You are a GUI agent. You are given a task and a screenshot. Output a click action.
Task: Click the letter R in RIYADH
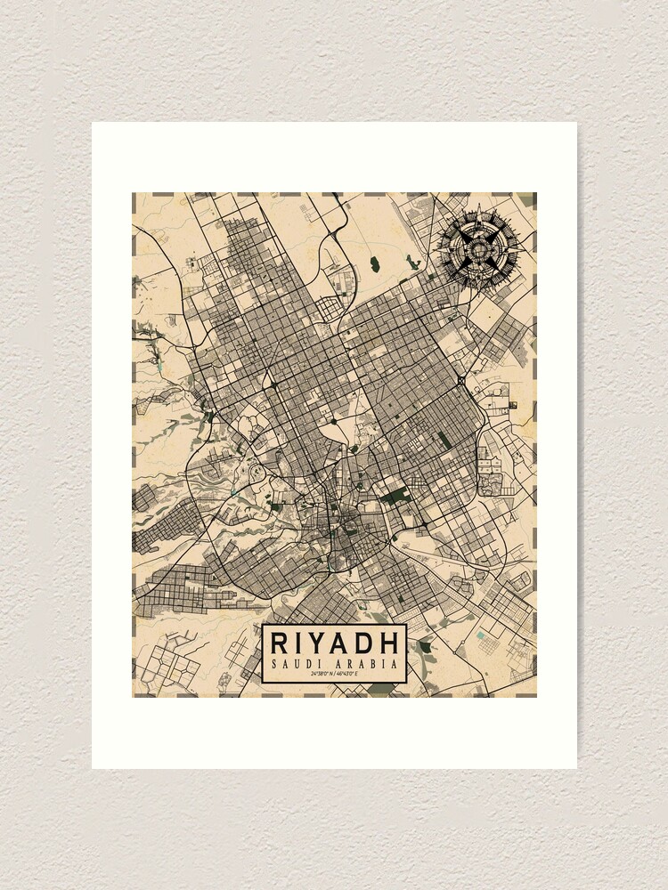[279, 643]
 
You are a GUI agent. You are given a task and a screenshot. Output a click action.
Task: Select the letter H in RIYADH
[388, 643]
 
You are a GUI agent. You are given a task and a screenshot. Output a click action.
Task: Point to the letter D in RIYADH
[365, 643]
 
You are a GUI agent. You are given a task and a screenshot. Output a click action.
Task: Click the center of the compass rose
[479, 245]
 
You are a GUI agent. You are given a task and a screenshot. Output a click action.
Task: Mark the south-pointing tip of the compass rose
[479, 286]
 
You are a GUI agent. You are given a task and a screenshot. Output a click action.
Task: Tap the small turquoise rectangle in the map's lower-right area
[481, 635]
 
